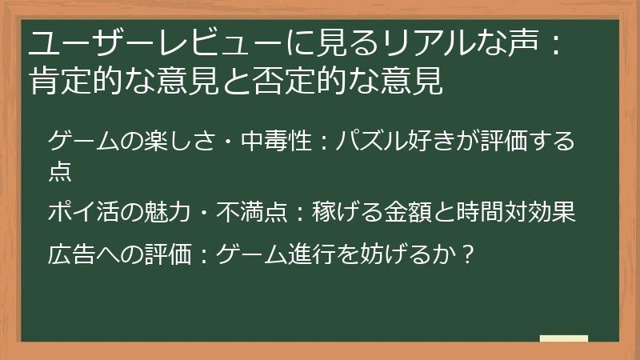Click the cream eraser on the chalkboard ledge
[x=563, y=338]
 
